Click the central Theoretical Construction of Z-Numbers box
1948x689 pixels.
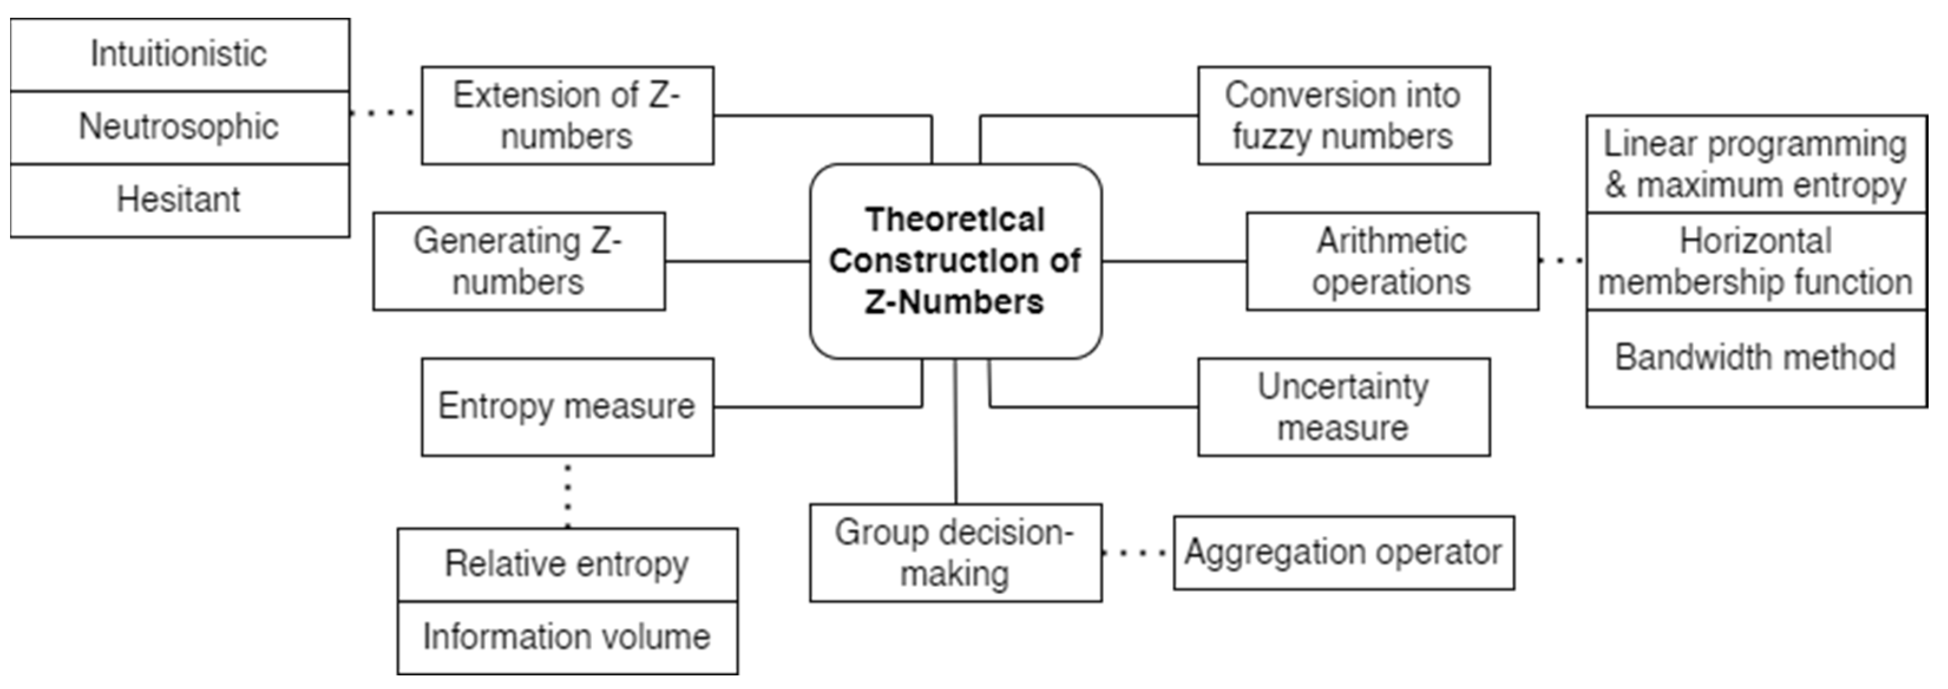point(955,261)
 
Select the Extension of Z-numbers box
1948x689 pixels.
point(567,116)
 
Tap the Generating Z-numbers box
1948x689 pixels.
point(519,261)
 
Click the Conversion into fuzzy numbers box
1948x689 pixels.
point(1343,116)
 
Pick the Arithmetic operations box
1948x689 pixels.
point(1392,261)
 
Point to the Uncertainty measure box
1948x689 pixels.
point(1343,407)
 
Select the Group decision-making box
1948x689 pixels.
point(955,553)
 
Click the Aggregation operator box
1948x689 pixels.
point(1343,553)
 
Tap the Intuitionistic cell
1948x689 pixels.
point(179,54)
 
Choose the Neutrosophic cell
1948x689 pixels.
point(179,127)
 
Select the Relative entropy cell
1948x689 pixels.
point(567,564)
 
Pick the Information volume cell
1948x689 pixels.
point(567,637)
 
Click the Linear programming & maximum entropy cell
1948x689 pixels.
point(1755,164)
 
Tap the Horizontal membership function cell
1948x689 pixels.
point(1755,261)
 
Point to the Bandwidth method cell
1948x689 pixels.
point(1755,357)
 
